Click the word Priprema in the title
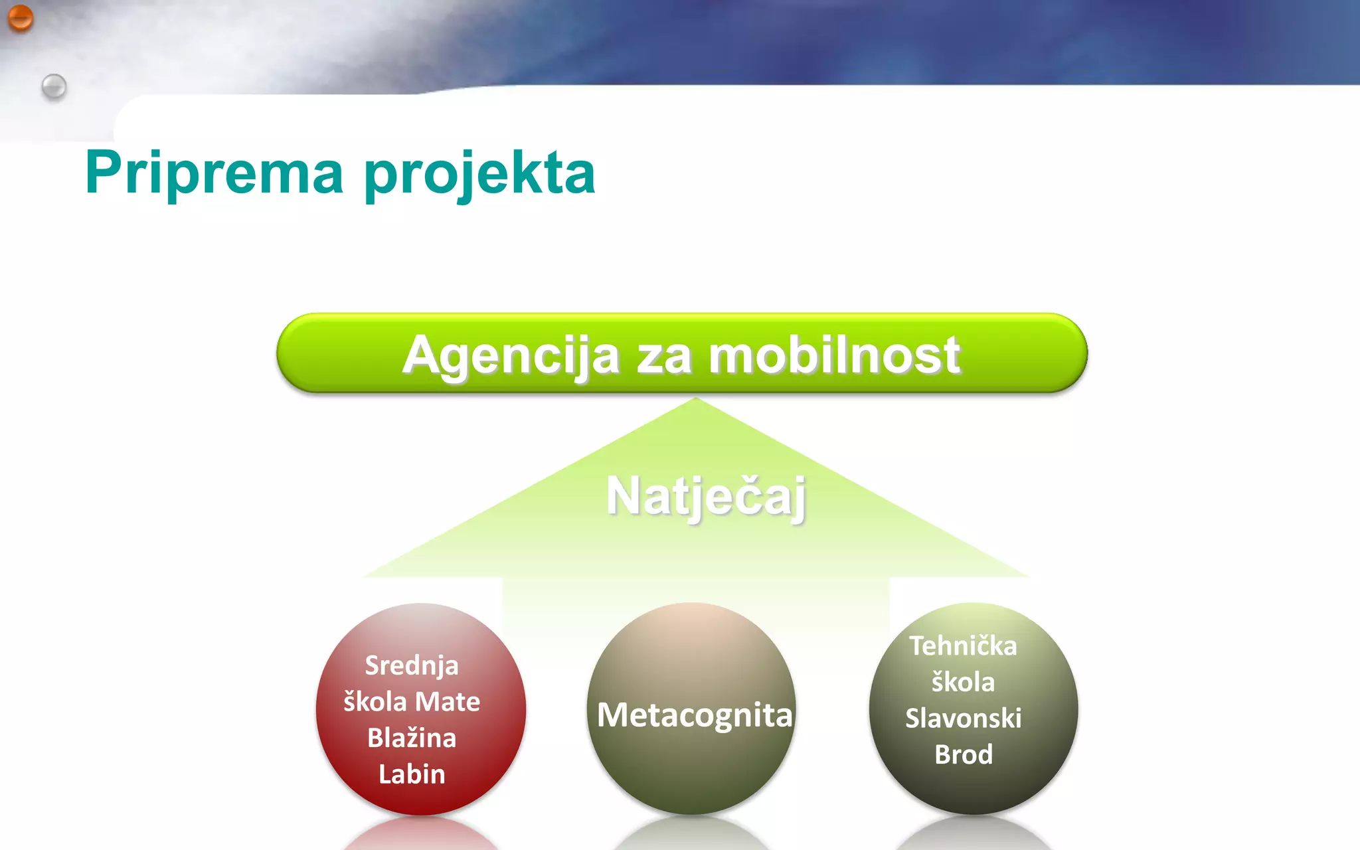pyautogui.click(x=214, y=173)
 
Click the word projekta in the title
pyautogui.click(x=479, y=174)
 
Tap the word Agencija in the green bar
pyautogui.click(x=511, y=356)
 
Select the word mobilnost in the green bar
pyautogui.click(x=834, y=355)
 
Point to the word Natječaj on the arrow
pyautogui.click(x=706, y=495)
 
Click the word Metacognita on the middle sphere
pyautogui.click(x=695, y=715)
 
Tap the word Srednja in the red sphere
pyautogui.click(x=412, y=665)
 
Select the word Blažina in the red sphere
pyautogui.click(x=412, y=738)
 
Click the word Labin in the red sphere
pyautogui.click(x=412, y=774)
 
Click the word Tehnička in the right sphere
pyautogui.click(x=963, y=646)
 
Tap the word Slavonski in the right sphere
pyautogui.click(x=963, y=719)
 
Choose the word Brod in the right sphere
pyautogui.click(x=963, y=754)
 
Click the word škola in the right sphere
pyautogui.click(x=963, y=682)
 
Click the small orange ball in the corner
pyautogui.click(x=21, y=18)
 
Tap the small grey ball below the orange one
pyautogui.click(x=54, y=86)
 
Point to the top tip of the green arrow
pyautogui.click(x=695, y=399)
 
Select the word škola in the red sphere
pyautogui.click(x=375, y=702)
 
